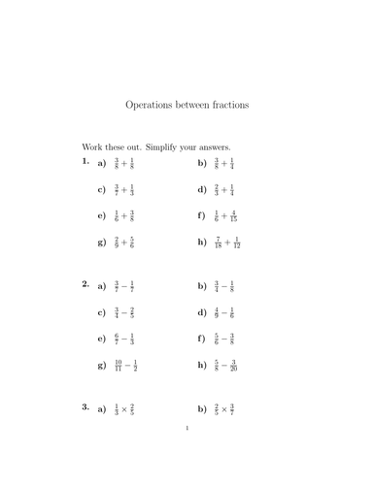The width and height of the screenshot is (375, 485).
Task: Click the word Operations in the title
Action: [150, 102]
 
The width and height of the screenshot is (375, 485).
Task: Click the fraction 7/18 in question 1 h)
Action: [220, 242]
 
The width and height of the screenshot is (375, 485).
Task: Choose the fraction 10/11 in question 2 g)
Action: [118, 367]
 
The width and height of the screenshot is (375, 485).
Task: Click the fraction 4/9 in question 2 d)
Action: [218, 313]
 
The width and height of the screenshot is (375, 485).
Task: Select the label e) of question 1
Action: [101, 216]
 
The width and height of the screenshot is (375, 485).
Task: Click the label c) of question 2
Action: [101, 313]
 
